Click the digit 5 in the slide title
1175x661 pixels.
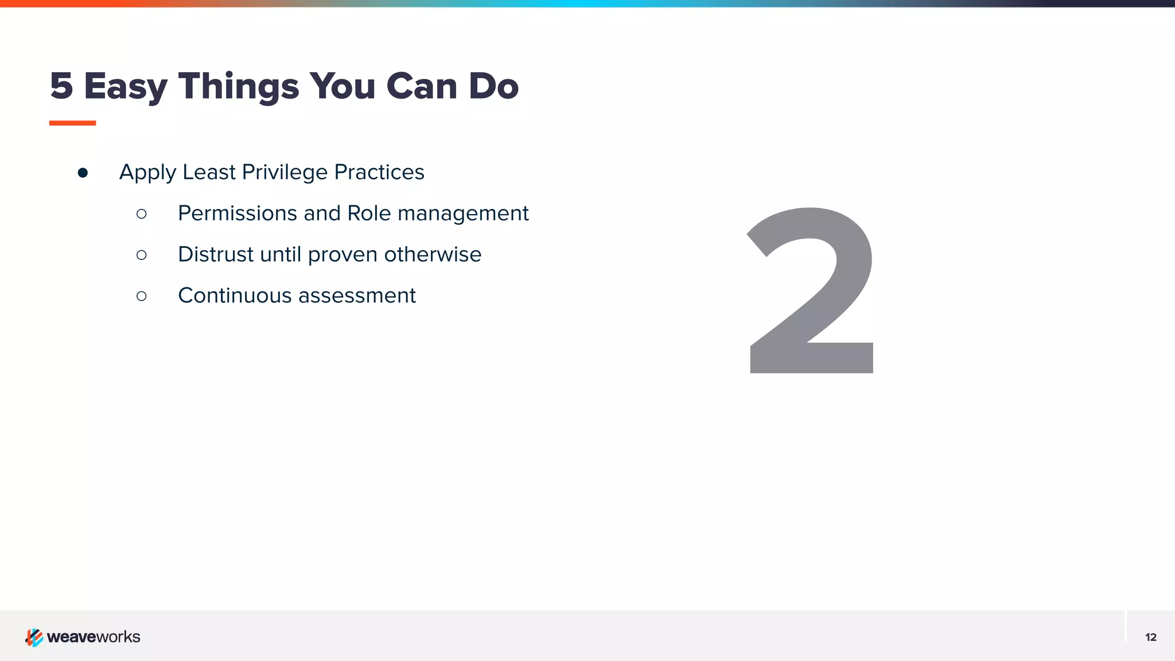click(61, 86)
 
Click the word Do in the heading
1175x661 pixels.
click(493, 86)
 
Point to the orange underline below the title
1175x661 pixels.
click(72, 123)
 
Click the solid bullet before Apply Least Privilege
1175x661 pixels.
click(83, 173)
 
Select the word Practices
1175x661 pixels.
click(379, 172)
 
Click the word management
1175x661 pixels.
click(463, 214)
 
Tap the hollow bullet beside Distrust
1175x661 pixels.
click(142, 255)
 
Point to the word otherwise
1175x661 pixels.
click(433, 254)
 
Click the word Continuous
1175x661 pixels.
click(235, 295)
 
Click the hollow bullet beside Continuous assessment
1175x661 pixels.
click(142, 296)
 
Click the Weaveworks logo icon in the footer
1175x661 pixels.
click(34, 637)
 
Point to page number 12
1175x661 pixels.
click(1150, 637)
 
